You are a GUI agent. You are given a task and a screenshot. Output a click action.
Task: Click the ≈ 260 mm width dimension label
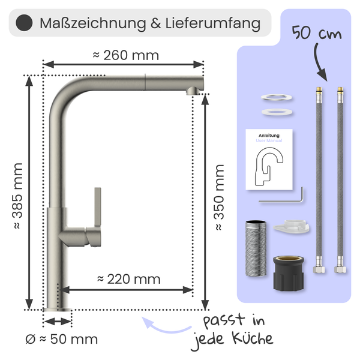click(x=125, y=55)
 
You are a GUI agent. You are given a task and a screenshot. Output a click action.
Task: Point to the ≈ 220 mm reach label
click(x=128, y=278)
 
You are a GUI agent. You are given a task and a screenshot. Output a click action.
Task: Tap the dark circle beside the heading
click(x=23, y=23)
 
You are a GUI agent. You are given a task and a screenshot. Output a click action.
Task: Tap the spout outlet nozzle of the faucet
click(x=192, y=90)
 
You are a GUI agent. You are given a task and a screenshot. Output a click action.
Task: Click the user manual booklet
click(x=268, y=160)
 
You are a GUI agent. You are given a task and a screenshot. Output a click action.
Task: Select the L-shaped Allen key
click(x=283, y=196)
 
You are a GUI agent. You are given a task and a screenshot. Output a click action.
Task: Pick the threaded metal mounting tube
click(x=255, y=248)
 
